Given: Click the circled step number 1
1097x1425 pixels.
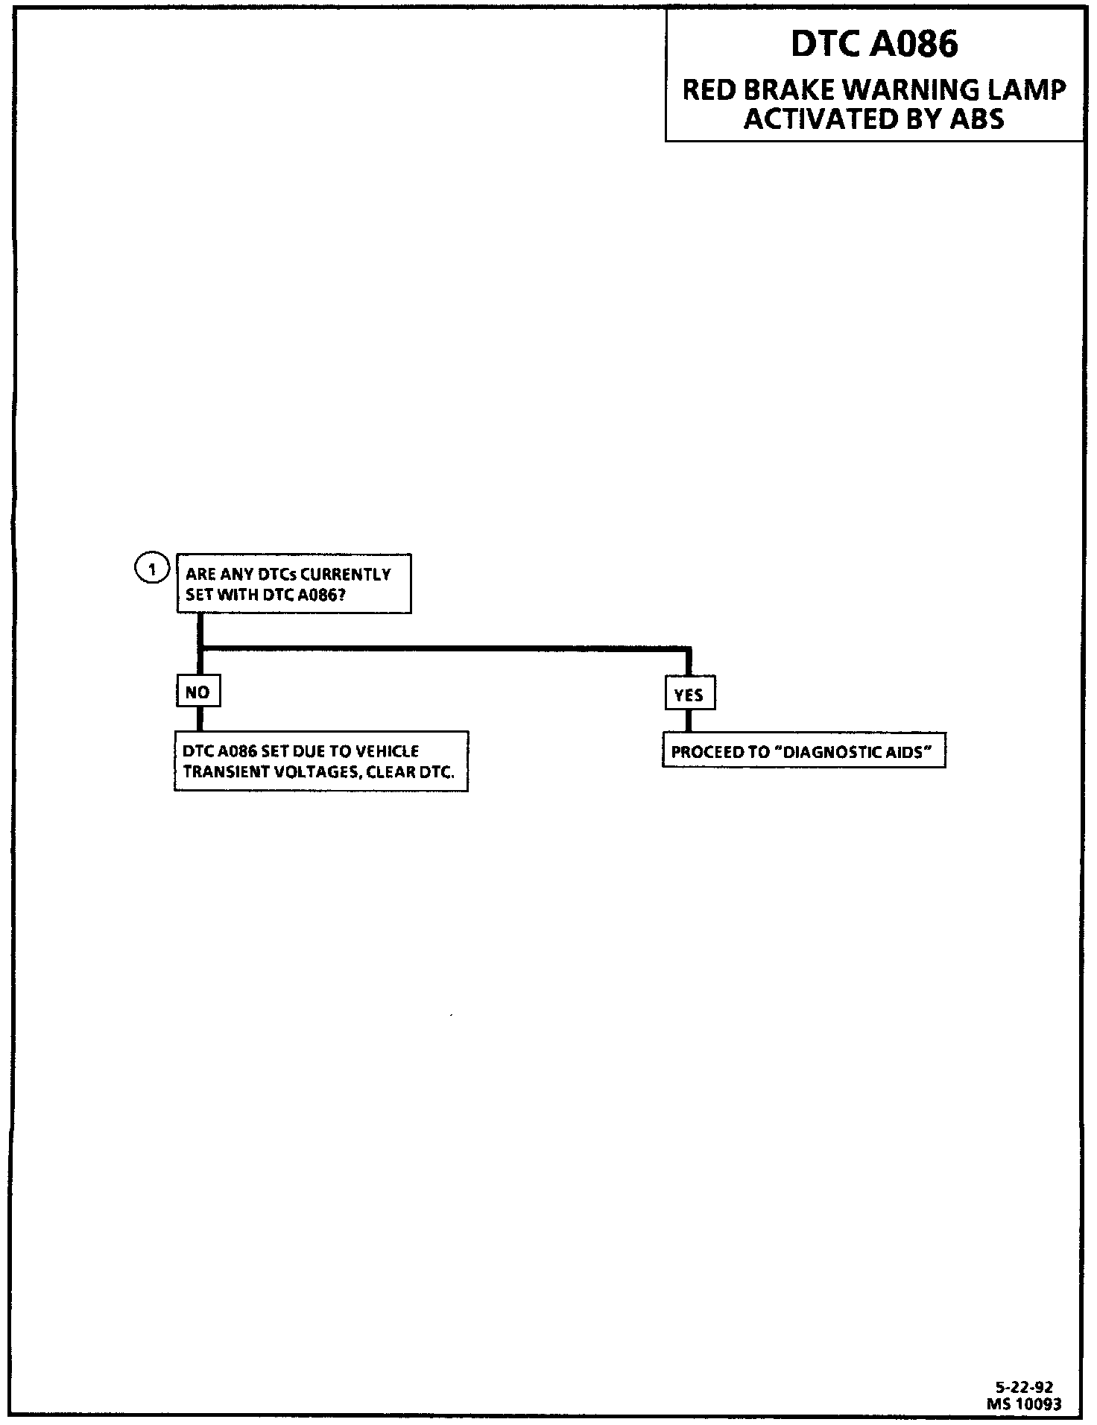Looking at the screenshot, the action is tap(152, 570).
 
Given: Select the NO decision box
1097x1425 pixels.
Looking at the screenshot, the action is tap(198, 692).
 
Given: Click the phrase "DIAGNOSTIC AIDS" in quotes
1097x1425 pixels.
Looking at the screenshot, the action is tap(854, 752).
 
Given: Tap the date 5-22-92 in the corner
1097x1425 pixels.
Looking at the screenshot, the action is tap(1025, 1387).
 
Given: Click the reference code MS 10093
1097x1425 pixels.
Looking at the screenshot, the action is tap(1024, 1403).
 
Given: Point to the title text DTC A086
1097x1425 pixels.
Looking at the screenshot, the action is tap(874, 45).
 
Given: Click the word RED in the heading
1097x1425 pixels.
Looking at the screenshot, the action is tap(709, 90).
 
